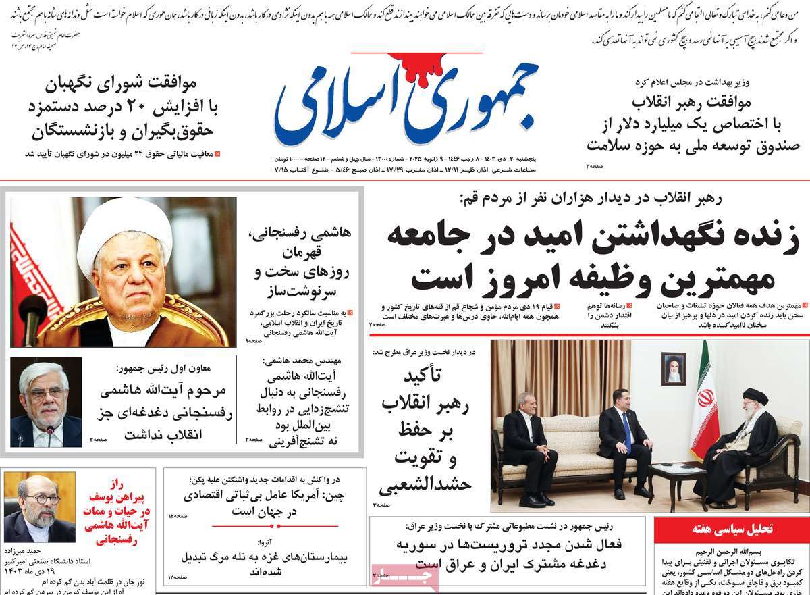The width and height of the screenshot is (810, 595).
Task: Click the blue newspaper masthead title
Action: (405, 101)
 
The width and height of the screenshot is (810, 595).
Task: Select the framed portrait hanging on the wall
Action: (673, 367)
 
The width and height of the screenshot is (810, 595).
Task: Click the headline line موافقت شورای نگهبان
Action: (122, 85)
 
